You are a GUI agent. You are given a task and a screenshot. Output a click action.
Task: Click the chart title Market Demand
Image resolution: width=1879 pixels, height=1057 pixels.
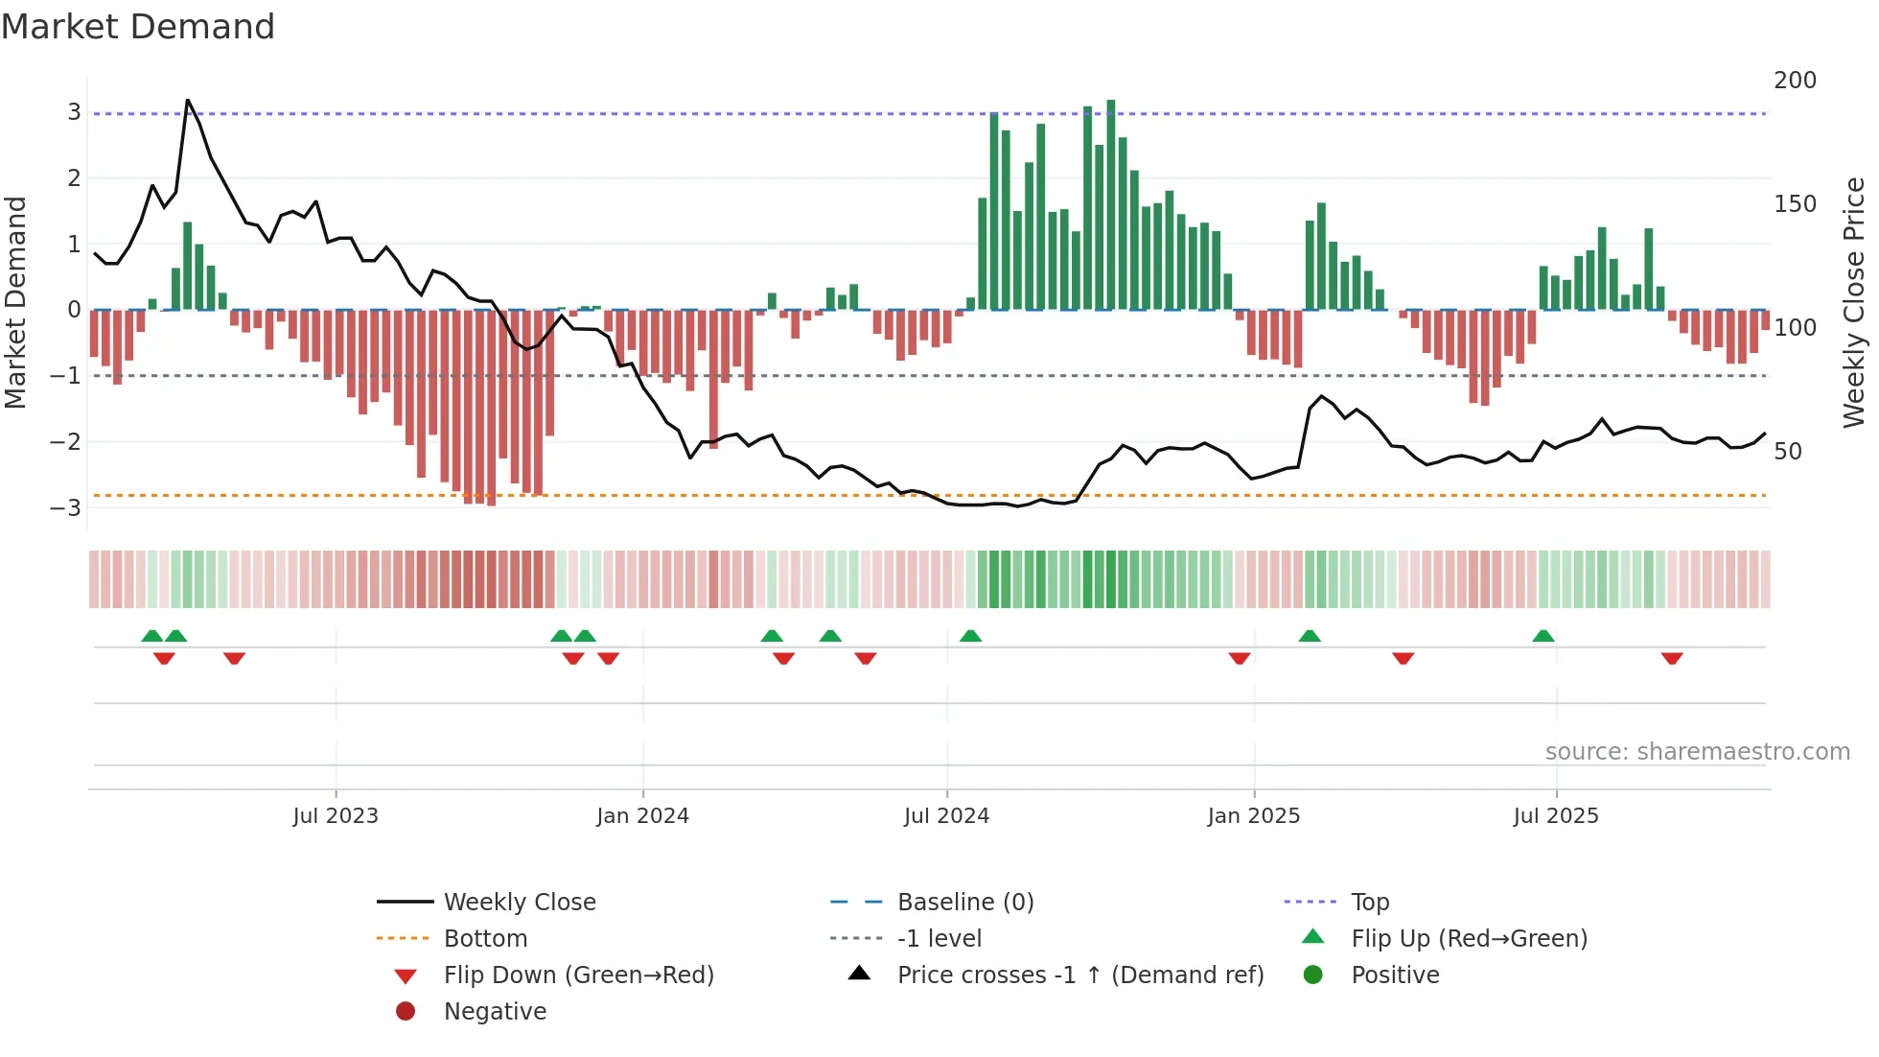click(x=138, y=27)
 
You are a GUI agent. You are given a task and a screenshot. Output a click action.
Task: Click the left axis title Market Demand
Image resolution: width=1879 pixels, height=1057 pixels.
click(x=15, y=302)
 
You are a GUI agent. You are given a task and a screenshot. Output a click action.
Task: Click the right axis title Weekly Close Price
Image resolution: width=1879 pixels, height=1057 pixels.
click(x=1854, y=302)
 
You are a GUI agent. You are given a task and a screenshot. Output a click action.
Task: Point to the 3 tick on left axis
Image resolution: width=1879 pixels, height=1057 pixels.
click(x=74, y=112)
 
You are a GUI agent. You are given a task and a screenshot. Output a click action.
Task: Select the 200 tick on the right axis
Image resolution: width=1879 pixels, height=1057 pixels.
click(x=1795, y=81)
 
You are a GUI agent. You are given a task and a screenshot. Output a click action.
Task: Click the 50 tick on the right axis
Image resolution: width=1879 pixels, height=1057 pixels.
click(x=1787, y=452)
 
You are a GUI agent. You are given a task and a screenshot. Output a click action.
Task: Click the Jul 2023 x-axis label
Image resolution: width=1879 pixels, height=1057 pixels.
click(x=336, y=816)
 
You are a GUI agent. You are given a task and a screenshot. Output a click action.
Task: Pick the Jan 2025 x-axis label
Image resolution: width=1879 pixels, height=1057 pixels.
click(x=1253, y=816)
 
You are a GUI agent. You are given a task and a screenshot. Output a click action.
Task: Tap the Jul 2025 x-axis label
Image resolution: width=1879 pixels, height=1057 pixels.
click(x=1555, y=816)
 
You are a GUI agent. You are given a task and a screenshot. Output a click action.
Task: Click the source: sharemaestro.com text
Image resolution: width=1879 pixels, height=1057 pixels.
click(x=1697, y=752)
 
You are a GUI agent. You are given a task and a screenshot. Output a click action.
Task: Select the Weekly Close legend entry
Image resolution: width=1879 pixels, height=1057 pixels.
click(x=519, y=903)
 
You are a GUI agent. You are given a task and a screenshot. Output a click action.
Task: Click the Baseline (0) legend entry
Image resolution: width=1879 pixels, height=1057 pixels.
click(x=964, y=903)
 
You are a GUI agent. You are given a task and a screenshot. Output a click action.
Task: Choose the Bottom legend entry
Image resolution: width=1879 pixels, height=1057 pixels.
click(x=485, y=939)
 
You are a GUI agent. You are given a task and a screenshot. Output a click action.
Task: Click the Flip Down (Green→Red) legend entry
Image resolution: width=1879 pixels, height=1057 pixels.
click(x=578, y=975)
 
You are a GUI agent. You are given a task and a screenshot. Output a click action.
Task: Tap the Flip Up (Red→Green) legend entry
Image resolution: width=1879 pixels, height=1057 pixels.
click(x=1469, y=939)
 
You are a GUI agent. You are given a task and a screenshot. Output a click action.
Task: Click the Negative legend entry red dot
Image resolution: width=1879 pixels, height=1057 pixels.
click(x=406, y=1012)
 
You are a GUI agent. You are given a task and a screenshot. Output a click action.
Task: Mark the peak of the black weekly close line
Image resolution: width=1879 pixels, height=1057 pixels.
click(x=188, y=100)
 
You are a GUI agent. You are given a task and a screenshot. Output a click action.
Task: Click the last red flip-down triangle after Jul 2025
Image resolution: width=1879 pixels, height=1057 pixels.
click(x=1672, y=658)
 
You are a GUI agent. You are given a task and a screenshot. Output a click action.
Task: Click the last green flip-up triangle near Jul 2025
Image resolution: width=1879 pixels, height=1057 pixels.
click(x=1543, y=636)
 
